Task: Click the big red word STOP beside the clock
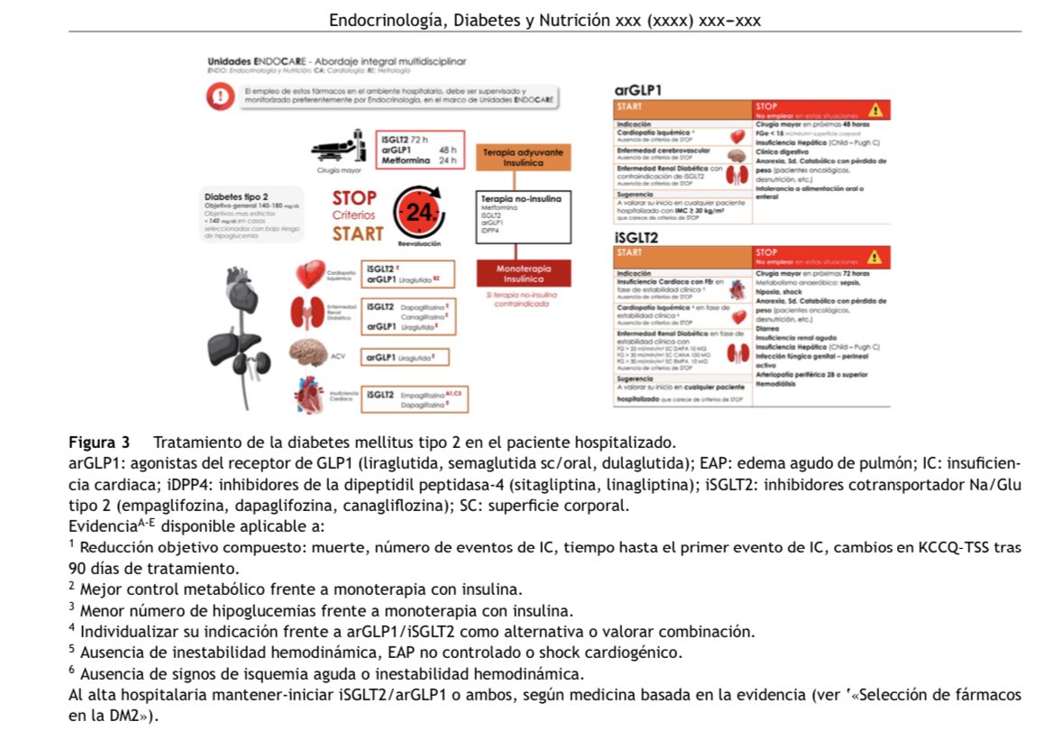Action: tap(354, 197)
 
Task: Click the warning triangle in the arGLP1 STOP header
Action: tap(874, 110)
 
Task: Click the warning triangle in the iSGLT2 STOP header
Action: tap(874, 257)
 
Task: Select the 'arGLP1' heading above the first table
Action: tap(638, 90)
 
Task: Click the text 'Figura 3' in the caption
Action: tap(99, 443)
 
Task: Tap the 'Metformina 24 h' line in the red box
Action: tap(417, 161)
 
